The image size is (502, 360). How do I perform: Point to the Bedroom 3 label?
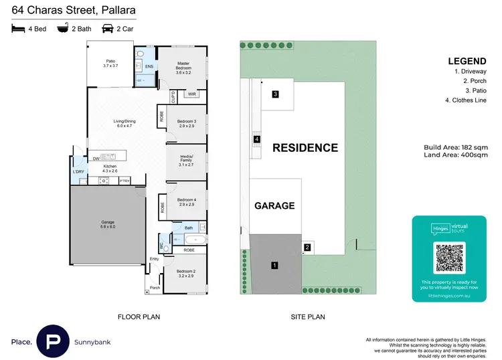[x=187, y=123]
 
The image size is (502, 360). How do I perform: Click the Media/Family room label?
[x=187, y=161]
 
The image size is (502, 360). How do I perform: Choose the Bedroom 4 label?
[x=187, y=202]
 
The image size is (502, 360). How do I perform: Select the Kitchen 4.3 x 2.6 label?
[x=110, y=168]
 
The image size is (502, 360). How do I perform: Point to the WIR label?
[x=191, y=94]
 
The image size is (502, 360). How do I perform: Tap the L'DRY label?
[x=79, y=172]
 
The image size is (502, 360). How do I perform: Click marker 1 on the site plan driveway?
[x=274, y=266]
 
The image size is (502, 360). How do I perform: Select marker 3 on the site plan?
[x=275, y=94]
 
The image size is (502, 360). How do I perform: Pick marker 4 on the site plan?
[x=257, y=140]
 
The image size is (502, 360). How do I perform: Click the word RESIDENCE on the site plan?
[x=305, y=148]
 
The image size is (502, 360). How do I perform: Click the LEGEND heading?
[x=467, y=61]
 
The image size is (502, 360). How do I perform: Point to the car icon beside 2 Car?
[x=107, y=29]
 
